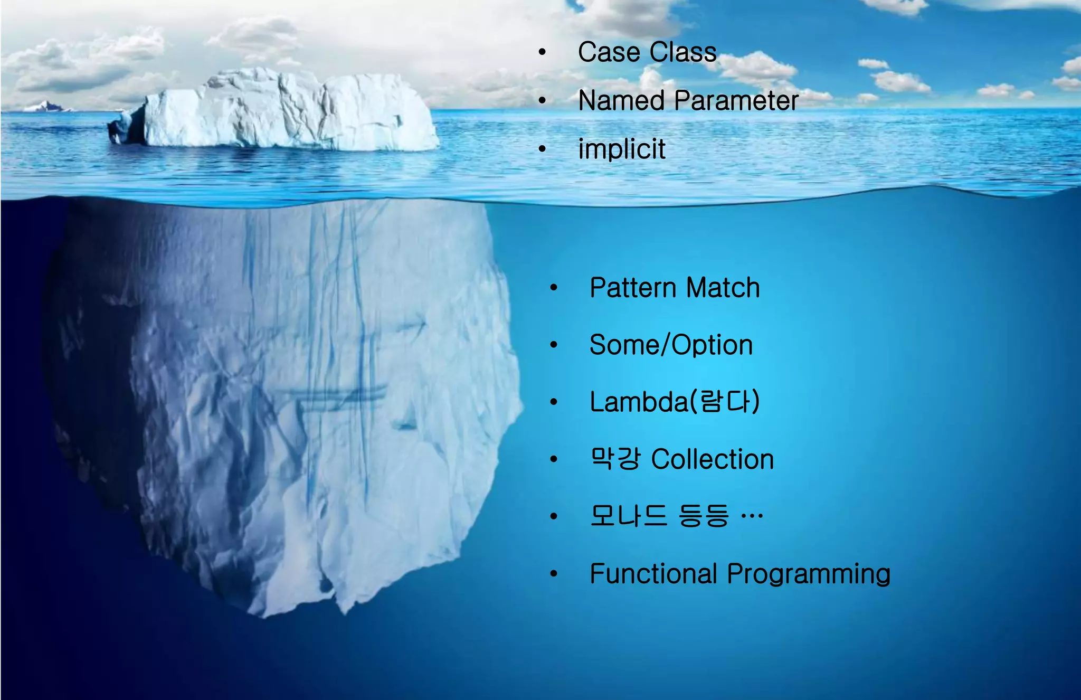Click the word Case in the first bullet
click(x=609, y=52)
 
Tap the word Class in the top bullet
click(x=683, y=52)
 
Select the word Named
click(x=621, y=100)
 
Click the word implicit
click(x=621, y=149)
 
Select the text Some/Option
click(x=670, y=345)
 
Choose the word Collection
click(x=712, y=459)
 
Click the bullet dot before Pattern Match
click(x=553, y=288)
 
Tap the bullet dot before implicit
click(x=542, y=149)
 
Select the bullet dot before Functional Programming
click(x=553, y=574)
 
